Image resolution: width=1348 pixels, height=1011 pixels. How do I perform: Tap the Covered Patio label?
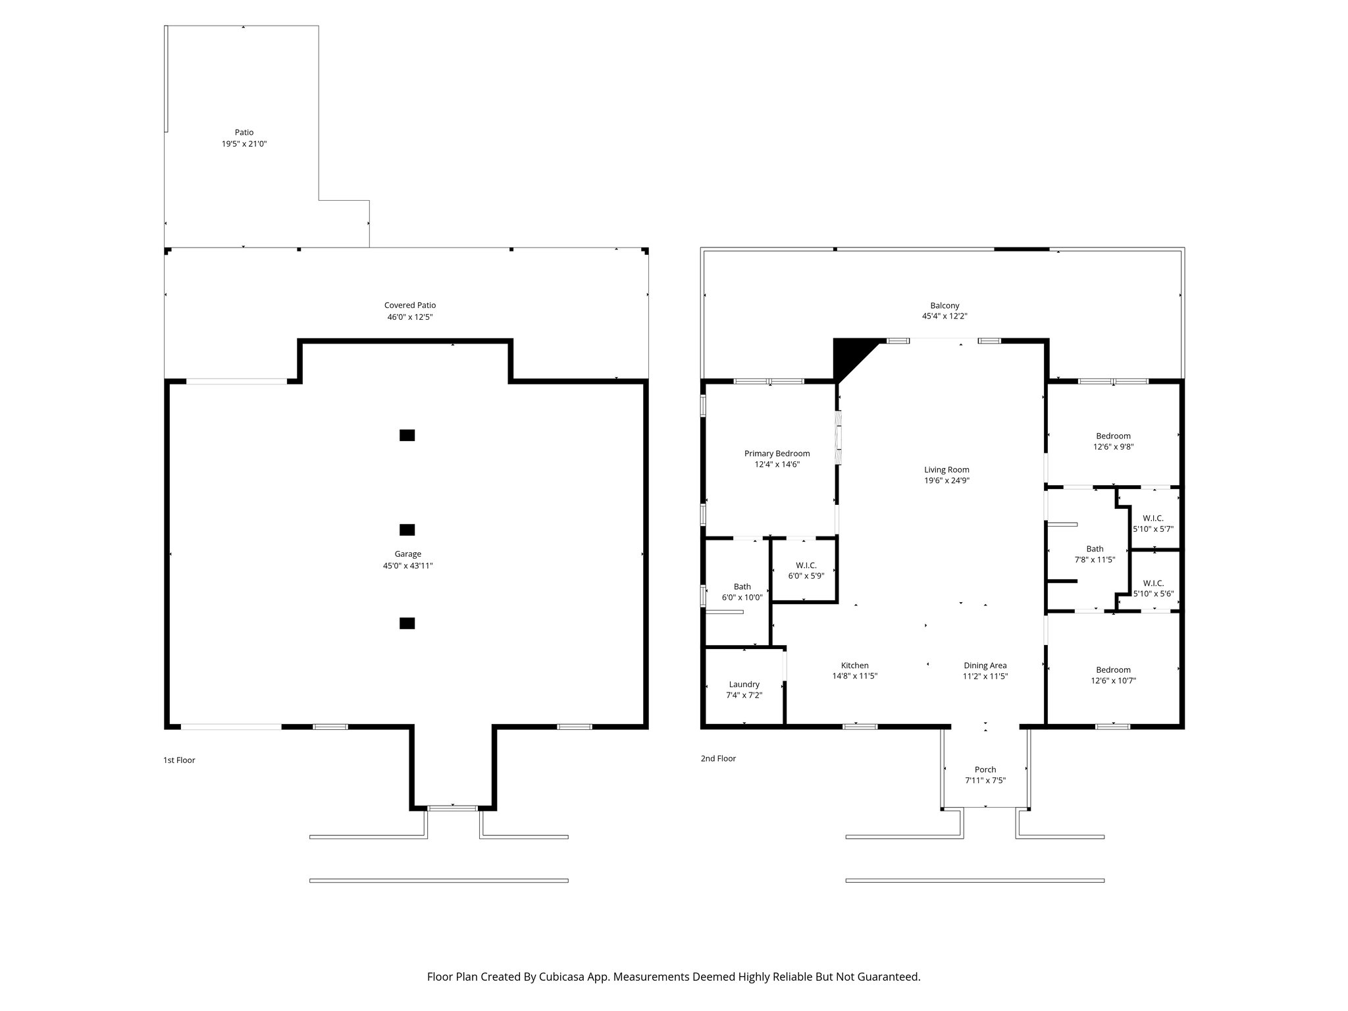tap(409, 305)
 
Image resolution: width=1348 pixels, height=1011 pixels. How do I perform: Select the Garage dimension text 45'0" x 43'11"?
tap(407, 565)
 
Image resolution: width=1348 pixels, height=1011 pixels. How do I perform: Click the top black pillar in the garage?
tap(407, 435)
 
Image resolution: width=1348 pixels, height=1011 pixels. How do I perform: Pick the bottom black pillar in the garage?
tap(407, 623)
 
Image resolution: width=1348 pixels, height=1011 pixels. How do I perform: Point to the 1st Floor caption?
tap(179, 760)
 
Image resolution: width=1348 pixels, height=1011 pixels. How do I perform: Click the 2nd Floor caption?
tap(718, 758)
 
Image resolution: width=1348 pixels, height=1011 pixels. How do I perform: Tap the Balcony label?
tap(945, 305)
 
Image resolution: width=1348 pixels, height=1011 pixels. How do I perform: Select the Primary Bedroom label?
tap(777, 454)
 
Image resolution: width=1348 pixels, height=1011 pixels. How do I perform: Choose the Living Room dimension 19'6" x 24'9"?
tap(946, 480)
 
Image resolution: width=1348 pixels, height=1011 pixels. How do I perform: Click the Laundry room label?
tap(744, 685)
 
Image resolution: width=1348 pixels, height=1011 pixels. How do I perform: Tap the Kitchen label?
tap(854, 665)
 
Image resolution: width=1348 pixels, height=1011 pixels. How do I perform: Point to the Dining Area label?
tap(985, 665)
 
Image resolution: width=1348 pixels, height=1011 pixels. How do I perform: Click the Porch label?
tap(985, 769)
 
